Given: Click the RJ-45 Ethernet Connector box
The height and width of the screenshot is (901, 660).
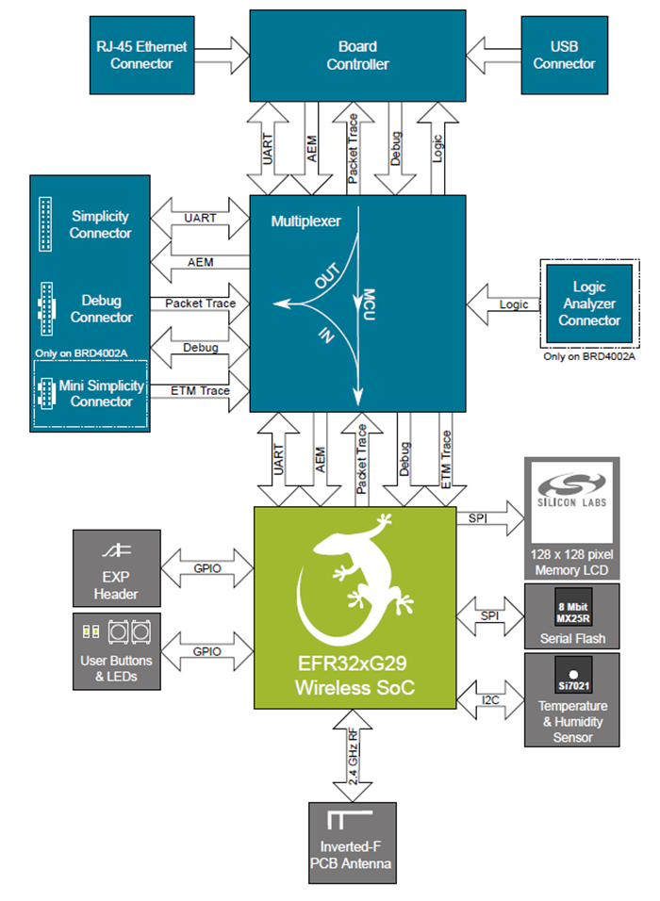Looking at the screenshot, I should (141, 55).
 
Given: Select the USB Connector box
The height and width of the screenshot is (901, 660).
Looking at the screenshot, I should (564, 55).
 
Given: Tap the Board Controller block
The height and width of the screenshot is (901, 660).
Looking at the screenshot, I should (357, 55).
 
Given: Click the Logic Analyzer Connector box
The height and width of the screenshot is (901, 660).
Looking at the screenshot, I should (589, 303).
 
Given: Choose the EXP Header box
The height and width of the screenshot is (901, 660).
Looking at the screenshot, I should (116, 567).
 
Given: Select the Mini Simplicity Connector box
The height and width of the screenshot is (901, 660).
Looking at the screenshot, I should (91, 394).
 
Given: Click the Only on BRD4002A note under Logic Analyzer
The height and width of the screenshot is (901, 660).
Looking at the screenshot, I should (589, 356).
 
